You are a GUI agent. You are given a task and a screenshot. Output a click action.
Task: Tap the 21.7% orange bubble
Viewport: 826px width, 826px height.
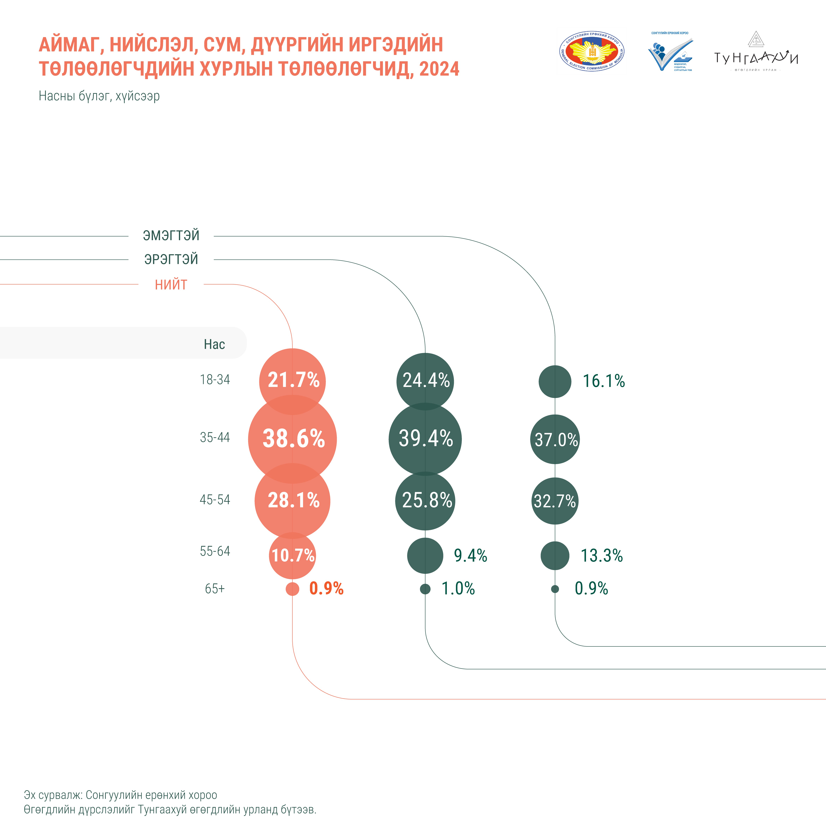coord(292,381)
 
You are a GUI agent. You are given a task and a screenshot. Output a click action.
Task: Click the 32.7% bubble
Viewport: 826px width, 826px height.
coord(555,501)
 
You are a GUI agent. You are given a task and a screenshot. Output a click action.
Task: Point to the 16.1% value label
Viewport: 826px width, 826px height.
coord(604,381)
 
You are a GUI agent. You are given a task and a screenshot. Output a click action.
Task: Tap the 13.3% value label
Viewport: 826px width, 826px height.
coord(602,555)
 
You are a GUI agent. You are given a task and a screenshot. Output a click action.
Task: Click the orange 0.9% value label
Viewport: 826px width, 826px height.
coord(326,588)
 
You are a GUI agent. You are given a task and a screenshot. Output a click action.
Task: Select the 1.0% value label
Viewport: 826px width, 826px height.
coord(458,588)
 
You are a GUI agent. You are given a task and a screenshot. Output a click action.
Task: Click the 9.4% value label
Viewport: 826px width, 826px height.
coord(470,555)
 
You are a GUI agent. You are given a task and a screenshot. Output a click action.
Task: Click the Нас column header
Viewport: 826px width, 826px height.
coord(214,344)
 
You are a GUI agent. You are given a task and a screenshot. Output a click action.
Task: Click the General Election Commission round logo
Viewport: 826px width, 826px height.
coord(592,52)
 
